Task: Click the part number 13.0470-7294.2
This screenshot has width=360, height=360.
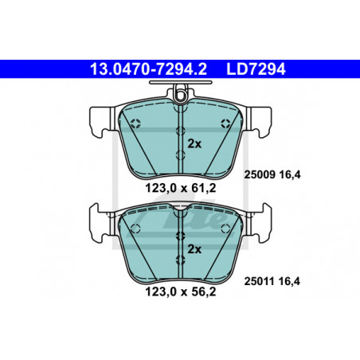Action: pyautogui.click(x=148, y=69)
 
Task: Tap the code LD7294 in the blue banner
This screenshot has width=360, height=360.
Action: pyautogui.click(x=256, y=69)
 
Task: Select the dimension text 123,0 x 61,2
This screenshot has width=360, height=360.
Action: pyautogui.click(x=181, y=188)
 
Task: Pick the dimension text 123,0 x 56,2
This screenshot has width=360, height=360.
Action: pyautogui.click(x=181, y=292)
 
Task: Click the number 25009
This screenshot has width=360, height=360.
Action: pyautogui.click(x=260, y=174)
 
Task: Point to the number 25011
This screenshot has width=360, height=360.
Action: pyautogui.click(x=260, y=281)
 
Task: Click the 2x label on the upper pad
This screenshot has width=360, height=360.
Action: pyautogui.click(x=194, y=144)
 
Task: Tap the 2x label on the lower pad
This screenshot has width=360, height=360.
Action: pyautogui.click(x=194, y=249)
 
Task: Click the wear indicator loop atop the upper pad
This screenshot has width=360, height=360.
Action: pyautogui.click(x=181, y=95)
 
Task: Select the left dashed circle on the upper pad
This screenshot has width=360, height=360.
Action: pyautogui.click(x=135, y=123)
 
